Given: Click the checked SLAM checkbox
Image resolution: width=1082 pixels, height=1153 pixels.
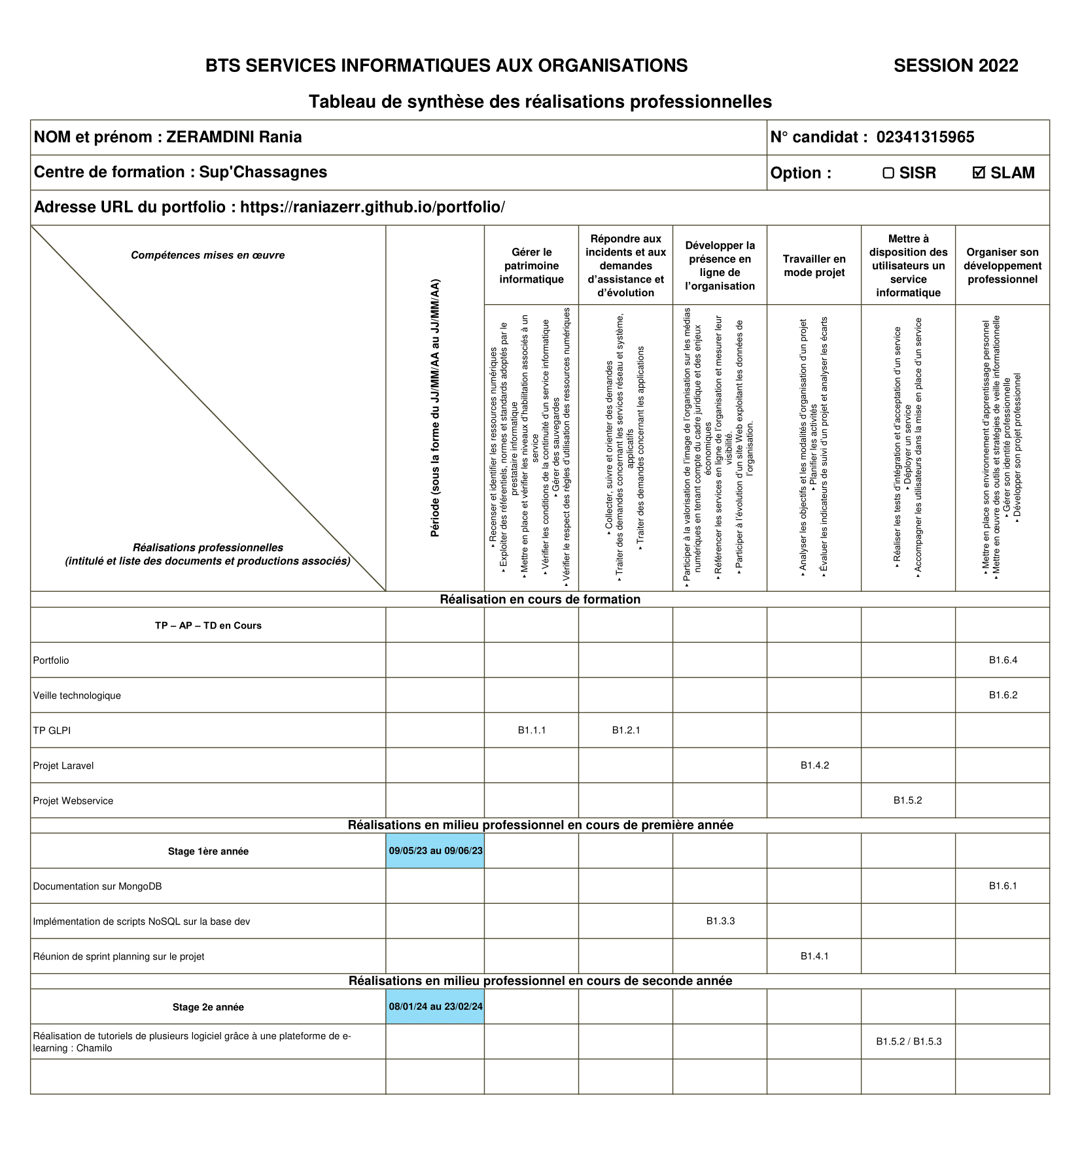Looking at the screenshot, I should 979,173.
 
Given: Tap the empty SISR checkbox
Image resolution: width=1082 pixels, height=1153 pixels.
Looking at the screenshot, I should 888,173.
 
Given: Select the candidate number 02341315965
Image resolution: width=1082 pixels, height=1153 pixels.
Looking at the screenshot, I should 925,137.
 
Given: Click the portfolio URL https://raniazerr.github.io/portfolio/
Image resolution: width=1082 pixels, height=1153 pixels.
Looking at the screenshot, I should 372,207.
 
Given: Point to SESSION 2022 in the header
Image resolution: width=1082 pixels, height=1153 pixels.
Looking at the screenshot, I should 956,65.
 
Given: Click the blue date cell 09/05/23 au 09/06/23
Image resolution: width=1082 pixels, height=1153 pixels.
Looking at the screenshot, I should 436,851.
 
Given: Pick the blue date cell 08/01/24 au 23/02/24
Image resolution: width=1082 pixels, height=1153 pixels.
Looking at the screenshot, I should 436,1007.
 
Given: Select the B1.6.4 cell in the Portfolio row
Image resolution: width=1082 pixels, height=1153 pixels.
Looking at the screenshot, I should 1003,660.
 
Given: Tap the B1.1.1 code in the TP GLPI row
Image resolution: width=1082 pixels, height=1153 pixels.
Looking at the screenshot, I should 532,731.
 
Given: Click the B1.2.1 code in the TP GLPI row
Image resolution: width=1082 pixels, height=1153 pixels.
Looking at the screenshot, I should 626,731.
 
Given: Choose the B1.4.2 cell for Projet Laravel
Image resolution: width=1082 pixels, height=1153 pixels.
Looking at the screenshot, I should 814,765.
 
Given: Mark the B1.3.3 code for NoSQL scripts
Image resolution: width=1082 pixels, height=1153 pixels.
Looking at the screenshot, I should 720,921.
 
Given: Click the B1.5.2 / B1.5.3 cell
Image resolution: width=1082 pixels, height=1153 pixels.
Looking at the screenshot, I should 909,1041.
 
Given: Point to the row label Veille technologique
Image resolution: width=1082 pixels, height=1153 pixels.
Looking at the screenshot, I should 77,695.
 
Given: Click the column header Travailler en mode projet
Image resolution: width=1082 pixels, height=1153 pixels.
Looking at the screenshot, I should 814,266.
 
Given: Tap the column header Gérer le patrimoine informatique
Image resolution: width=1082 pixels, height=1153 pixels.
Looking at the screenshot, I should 532,266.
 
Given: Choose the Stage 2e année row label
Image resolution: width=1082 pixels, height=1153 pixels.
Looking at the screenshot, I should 208,1007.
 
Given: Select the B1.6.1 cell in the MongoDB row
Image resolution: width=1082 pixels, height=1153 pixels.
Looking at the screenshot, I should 1003,886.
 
